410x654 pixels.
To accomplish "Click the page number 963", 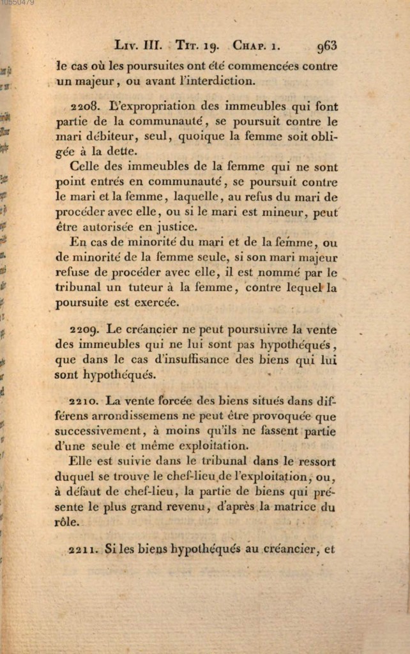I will [x=326, y=45].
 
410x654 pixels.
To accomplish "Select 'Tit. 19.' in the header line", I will [x=197, y=45].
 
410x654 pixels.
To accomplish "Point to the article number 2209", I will [x=84, y=330].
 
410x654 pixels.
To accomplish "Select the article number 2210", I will [x=84, y=402].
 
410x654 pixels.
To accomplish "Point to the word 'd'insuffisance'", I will [x=210, y=359].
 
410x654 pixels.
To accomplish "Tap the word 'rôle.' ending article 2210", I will [x=67, y=522].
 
